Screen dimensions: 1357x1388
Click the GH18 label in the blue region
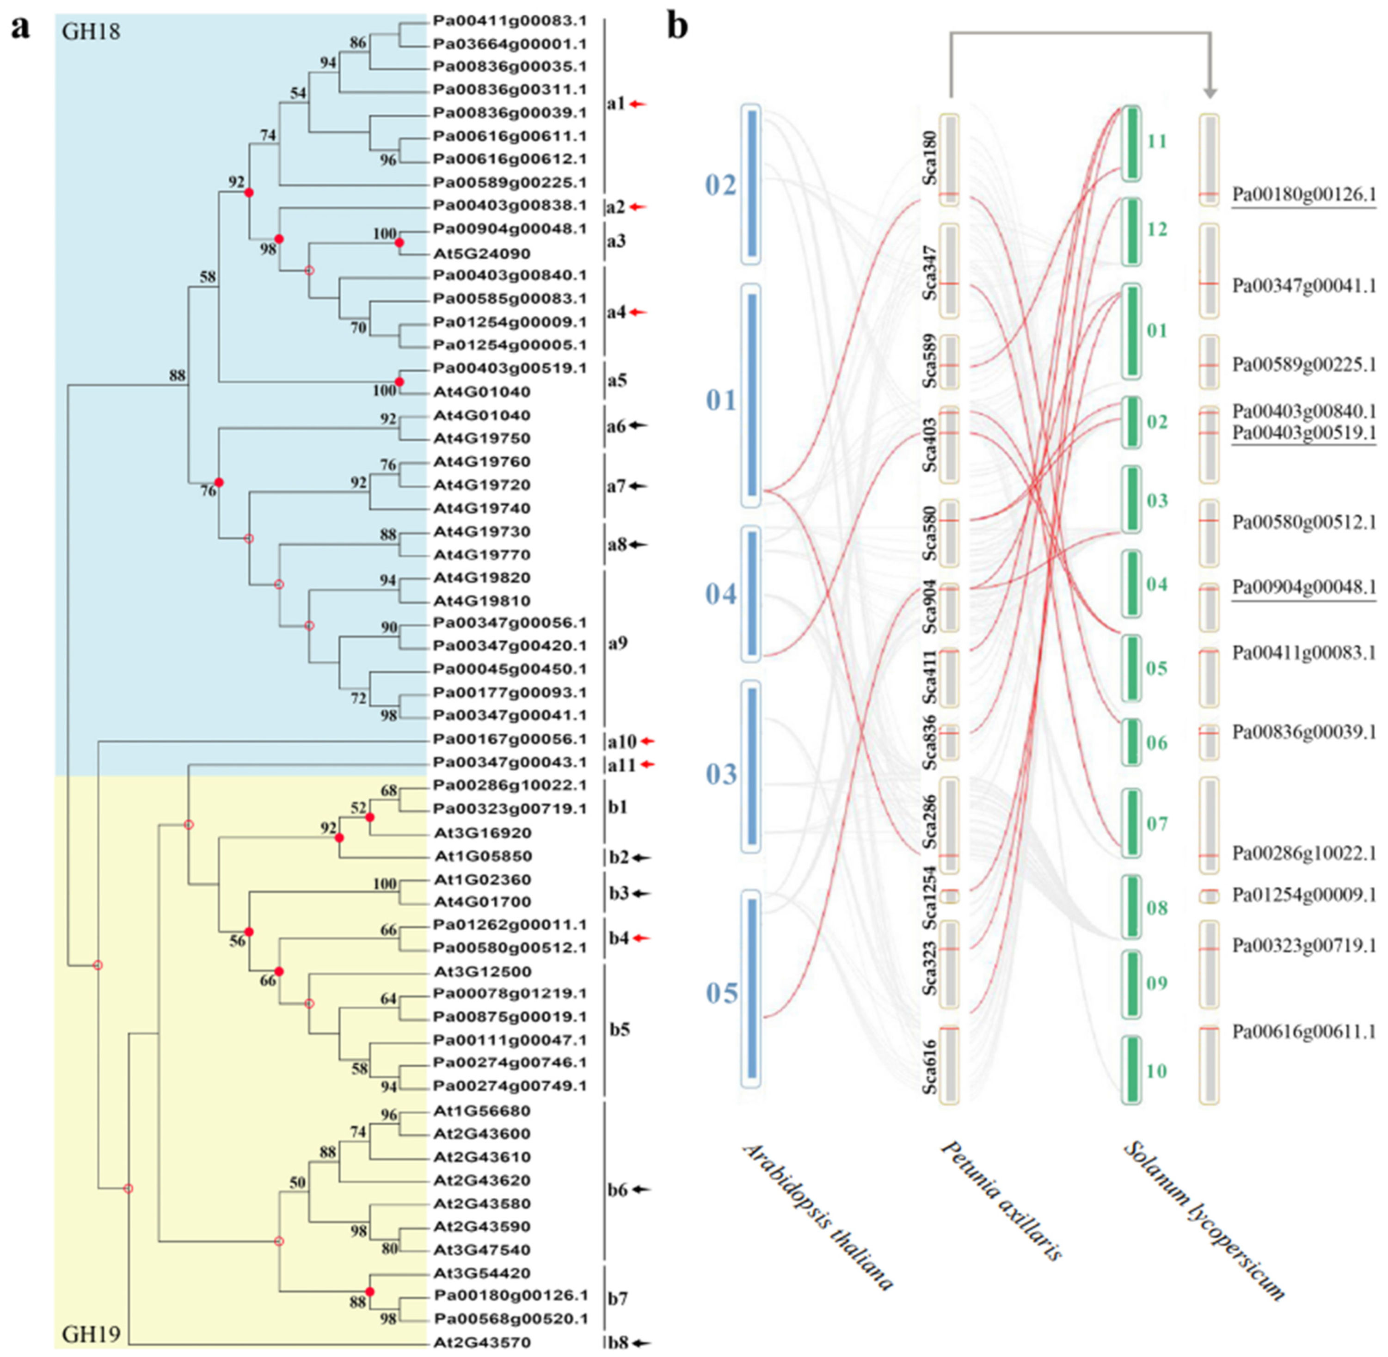tap(91, 32)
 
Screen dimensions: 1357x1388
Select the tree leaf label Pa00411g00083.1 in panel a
tap(510, 21)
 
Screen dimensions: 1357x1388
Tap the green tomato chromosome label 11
tap(1157, 141)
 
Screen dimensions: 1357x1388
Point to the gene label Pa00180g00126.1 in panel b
tap(1304, 195)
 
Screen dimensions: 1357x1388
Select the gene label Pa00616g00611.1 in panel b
tap(1304, 1032)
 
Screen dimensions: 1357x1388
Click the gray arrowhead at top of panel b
tap(1210, 92)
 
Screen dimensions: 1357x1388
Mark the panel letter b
tap(677, 29)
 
